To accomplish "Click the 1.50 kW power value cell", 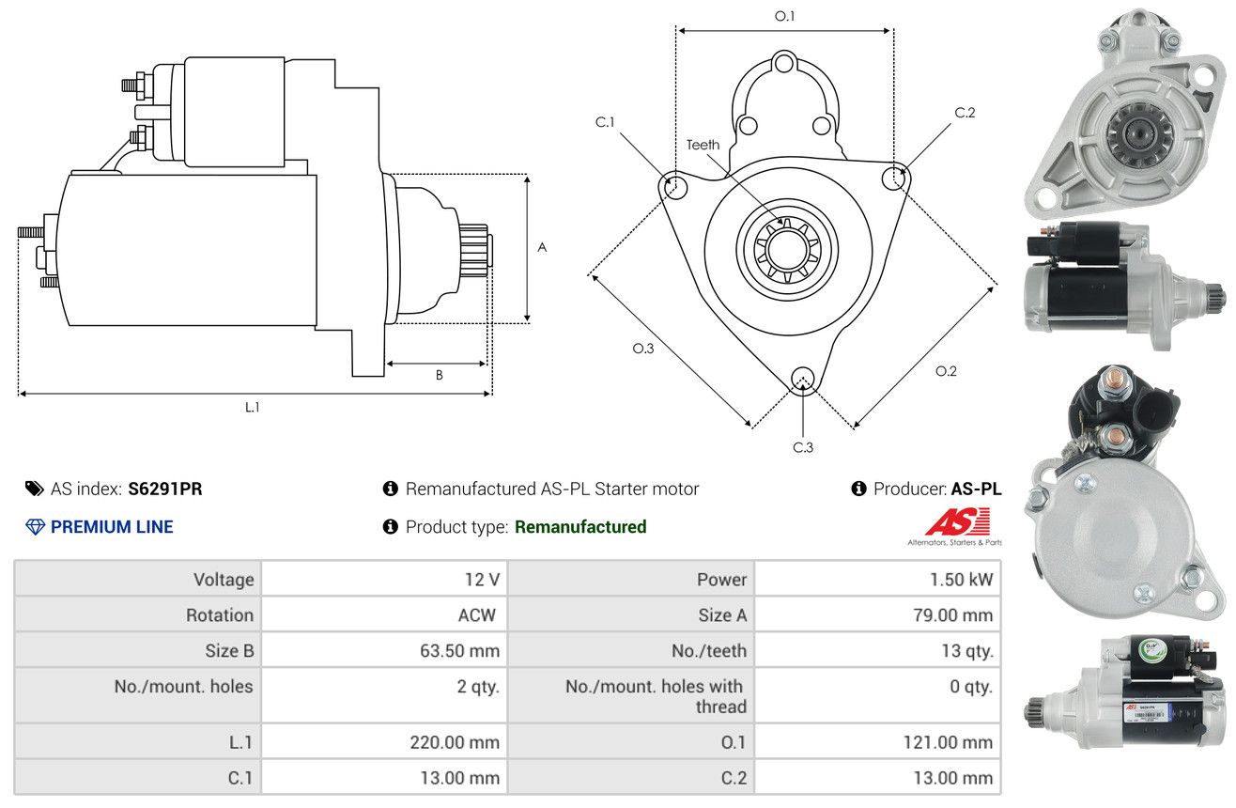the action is coord(961,580).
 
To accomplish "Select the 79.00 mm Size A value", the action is coord(952,614).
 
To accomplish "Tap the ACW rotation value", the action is coord(477,614).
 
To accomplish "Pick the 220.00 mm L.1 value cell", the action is coord(455,742).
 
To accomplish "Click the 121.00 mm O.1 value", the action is coord(948,742).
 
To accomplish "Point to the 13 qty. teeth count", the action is coord(967,651).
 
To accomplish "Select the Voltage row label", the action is coord(224,580).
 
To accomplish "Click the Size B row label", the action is coord(229,651).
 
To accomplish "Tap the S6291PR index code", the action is coord(165,489).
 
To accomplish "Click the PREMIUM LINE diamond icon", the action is coord(36,526).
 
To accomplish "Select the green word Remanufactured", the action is coord(580,526).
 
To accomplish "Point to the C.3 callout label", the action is coord(803,447).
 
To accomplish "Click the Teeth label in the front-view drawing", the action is coord(703,145).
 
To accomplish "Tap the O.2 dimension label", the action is coord(946,371).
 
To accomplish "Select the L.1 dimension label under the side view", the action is coord(252,407).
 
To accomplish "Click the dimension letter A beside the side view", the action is coord(542,247).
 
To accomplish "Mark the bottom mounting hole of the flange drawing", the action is coord(802,379).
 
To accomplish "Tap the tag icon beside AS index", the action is coord(34,489).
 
